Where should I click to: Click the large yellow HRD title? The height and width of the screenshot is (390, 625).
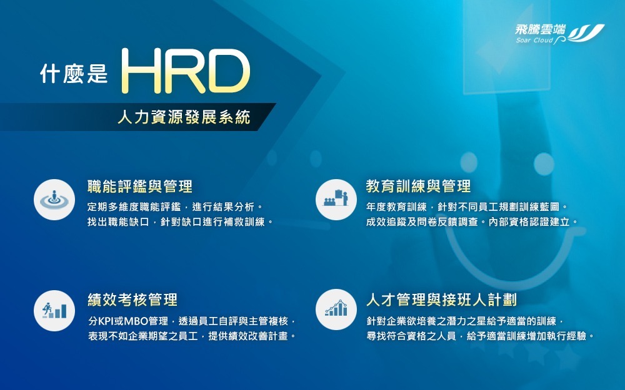coord(186,71)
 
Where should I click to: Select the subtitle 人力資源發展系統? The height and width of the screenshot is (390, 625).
coord(184,117)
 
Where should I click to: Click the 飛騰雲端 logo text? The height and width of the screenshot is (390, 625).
coord(540,29)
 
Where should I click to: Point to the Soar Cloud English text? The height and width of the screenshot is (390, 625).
coord(534,41)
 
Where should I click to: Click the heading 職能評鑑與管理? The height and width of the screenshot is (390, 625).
coord(140,186)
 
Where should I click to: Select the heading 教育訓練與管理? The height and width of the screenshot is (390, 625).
coord(419,186)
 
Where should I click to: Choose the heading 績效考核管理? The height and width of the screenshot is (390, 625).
coord(132,300)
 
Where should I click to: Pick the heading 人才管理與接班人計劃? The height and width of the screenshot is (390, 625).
coord(441,300)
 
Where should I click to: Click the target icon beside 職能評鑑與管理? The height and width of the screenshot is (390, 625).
coord(54,200)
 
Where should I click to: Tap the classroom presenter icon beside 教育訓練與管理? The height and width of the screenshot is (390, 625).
coord(336,200)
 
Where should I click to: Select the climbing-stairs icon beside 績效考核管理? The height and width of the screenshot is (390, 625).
coord(54,310)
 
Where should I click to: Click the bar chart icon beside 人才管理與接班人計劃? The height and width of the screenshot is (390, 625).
coord(336,310)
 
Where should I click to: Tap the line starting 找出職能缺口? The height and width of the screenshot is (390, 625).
coord(180,222)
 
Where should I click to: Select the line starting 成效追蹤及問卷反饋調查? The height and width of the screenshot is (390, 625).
coord(472,222)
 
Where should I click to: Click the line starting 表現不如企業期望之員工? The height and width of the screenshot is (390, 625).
coord(192,336)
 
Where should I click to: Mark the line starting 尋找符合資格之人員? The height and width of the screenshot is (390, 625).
coord(480,336)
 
